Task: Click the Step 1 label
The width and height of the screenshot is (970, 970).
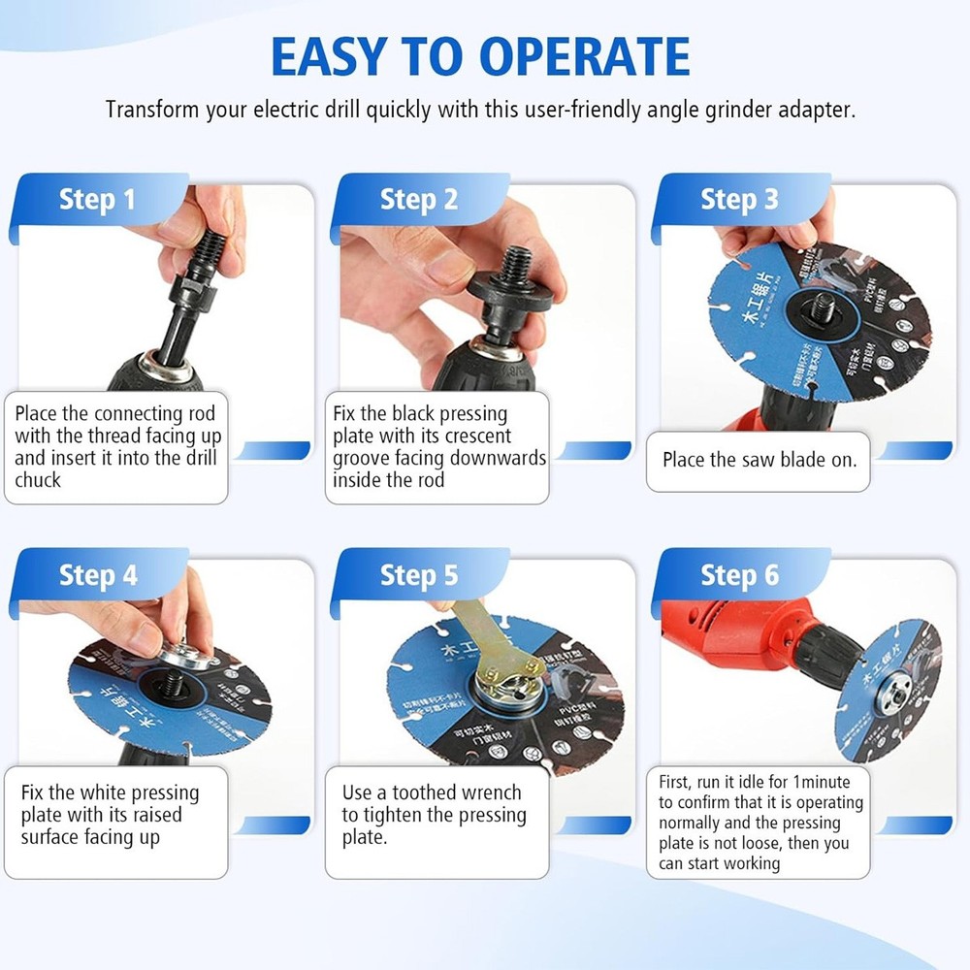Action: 97,200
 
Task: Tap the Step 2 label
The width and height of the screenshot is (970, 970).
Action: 418,200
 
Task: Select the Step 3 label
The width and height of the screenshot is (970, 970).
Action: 739,200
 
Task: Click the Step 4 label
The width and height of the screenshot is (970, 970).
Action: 97,575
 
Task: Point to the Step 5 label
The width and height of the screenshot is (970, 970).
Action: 418,575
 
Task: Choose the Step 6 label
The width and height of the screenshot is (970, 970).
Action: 739,575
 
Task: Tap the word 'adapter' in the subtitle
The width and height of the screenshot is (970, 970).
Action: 818,109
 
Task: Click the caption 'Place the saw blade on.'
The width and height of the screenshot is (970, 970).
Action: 760,460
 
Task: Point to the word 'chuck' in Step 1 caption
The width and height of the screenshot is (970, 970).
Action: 38,480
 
